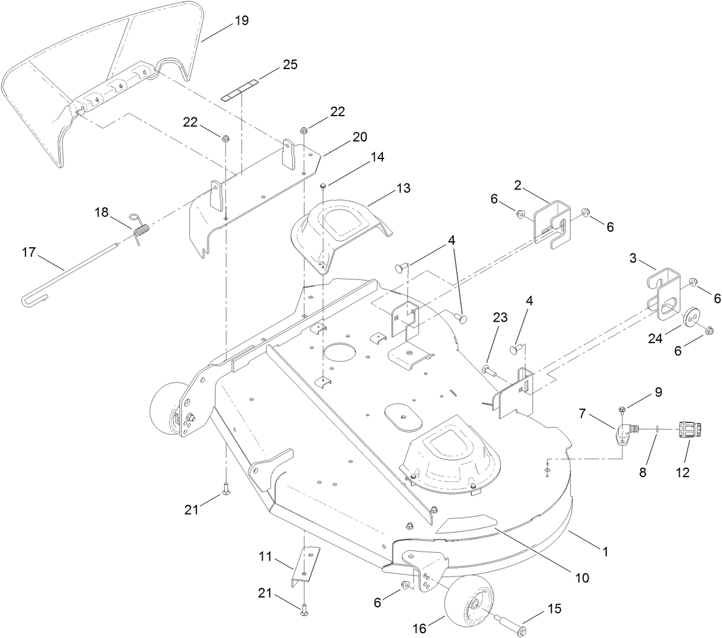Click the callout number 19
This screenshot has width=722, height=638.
coord(241,21)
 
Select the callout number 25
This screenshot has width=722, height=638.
coord(290,64)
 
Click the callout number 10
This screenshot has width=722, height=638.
coord(581,577)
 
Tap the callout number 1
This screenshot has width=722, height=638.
coord(605,552)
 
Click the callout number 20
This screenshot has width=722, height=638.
coord(360,136)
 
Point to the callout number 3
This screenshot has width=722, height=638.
coord(633,260)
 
